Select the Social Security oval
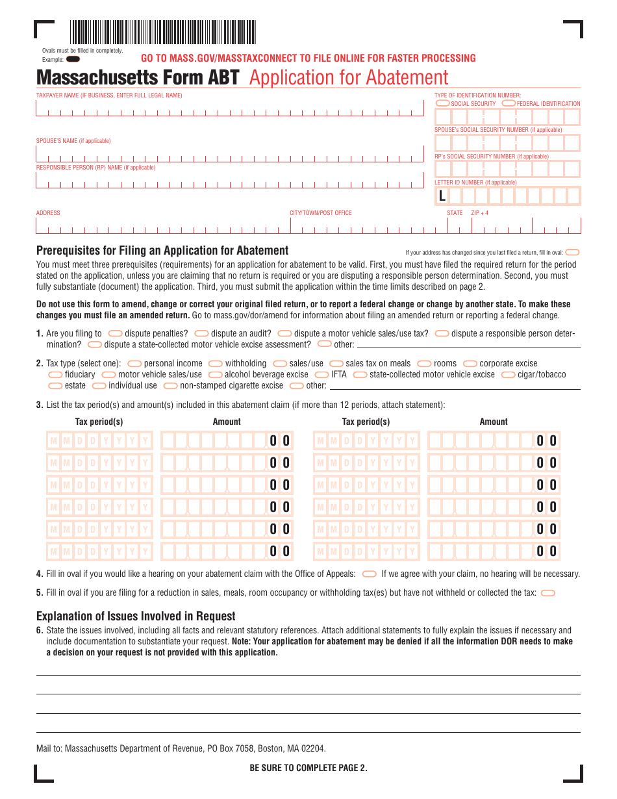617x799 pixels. (x=442, y=103)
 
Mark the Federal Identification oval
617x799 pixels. (x=509, y=103)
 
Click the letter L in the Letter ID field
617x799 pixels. (x=442, y=196)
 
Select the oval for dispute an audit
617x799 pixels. (x=201, y=334)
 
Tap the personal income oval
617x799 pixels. (x=135, y=364)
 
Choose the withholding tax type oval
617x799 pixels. (x=216, y=364)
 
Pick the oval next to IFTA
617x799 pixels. (x=321, y=375)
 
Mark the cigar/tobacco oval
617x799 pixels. (x=509, y=375)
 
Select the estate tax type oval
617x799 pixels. (x=56, y=386)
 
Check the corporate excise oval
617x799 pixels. (x=470, y=364)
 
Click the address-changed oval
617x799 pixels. (x=573, y=252)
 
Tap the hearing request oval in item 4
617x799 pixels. (x=369, y=574)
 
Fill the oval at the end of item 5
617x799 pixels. (x=548, y=593)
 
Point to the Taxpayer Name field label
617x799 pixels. (x=109, y=95)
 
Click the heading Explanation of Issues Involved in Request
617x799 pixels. (x=136, y=616)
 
